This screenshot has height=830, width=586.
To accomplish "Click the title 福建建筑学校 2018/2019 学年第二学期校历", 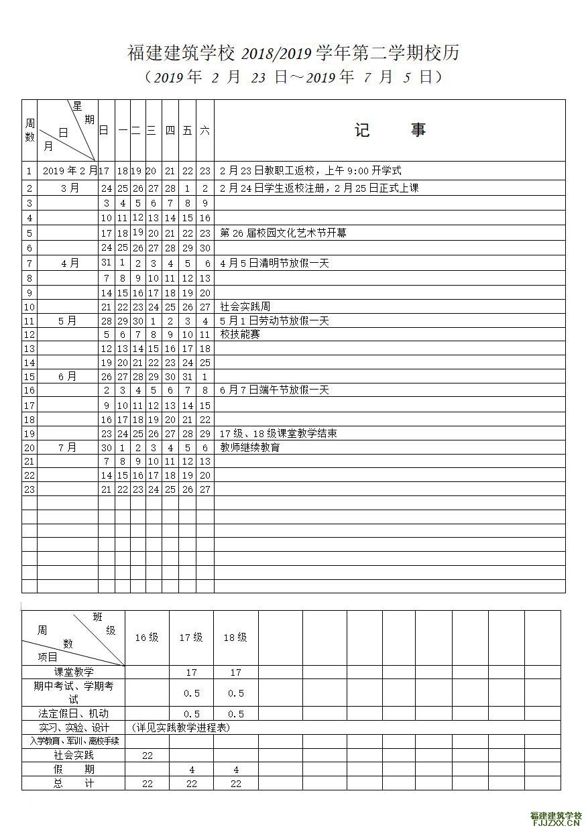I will tap(293, 53).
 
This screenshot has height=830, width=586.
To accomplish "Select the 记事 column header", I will tap(390, 130).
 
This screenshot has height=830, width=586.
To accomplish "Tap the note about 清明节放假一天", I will tap(274, 263).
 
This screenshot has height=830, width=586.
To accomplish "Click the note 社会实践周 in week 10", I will tap(245, 307).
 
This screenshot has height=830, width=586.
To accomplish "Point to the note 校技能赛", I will tap(240, 335).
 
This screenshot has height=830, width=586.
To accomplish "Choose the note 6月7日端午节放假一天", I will tap(274, 390).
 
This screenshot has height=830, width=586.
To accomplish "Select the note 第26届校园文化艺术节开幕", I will tap(283, 233).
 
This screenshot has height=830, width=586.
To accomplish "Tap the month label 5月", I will tap(68, 321).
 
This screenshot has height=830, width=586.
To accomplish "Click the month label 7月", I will tap(68, 447).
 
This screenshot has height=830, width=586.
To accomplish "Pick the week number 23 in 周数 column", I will tap(29, 489).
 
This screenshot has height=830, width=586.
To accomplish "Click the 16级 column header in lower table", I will tap(147, 638).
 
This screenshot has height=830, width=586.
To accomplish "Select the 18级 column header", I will tap(235, 638).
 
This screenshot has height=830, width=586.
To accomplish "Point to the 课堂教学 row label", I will tap(74, 672).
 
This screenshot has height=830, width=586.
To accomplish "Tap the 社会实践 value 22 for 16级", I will tap(148, 756).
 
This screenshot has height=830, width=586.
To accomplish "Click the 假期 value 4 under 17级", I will tap(192, 770).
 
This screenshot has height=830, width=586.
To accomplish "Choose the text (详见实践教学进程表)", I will tap(181, 727).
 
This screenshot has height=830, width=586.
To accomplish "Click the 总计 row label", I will tap(74, 783).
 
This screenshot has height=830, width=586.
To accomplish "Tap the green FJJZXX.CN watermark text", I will tap(556, 823).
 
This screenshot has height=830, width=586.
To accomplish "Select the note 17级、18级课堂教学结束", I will tap(278, 434).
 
